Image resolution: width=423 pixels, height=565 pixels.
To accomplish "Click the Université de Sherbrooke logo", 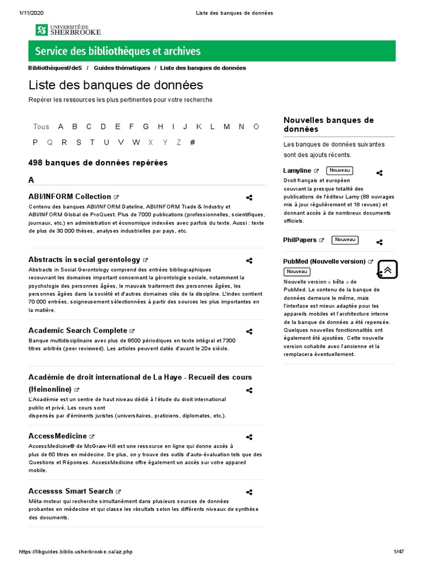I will pos(69,30).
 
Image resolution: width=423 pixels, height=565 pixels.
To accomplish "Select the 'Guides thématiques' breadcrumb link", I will pos(122,68).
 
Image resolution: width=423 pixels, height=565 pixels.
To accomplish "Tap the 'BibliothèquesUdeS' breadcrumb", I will pos(55,68).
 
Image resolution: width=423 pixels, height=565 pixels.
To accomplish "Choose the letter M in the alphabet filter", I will pos(227,126).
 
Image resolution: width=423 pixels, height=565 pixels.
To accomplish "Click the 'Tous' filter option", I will pos(41,126).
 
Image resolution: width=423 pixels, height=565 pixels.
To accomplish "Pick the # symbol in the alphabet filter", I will pos(192,142).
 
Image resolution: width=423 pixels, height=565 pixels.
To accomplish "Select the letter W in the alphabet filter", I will pos(136,142).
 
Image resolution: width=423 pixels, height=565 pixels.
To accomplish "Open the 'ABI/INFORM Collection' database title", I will pos(69,196).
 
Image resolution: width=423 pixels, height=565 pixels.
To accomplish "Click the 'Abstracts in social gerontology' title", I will pos(84,259).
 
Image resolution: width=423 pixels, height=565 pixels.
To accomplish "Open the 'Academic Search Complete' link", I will pos(78,331).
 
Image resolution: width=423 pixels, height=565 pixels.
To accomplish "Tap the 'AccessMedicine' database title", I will pos(57,436).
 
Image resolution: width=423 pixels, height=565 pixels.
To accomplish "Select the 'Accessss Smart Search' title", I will pos(70,491).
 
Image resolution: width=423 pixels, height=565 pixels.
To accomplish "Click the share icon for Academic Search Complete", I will pos(249,332).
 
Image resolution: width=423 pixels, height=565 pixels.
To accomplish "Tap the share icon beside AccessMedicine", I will pos(249,437).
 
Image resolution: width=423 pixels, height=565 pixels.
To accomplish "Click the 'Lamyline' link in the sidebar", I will pos(297,170).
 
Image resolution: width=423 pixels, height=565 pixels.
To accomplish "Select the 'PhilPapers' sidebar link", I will pos(300,240).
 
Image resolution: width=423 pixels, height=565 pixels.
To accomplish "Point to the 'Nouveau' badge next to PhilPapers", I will pos(345,240).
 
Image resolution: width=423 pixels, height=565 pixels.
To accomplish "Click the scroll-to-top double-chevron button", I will pos(388,269).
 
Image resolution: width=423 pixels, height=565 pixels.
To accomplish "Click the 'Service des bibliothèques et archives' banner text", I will pos(118,52).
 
